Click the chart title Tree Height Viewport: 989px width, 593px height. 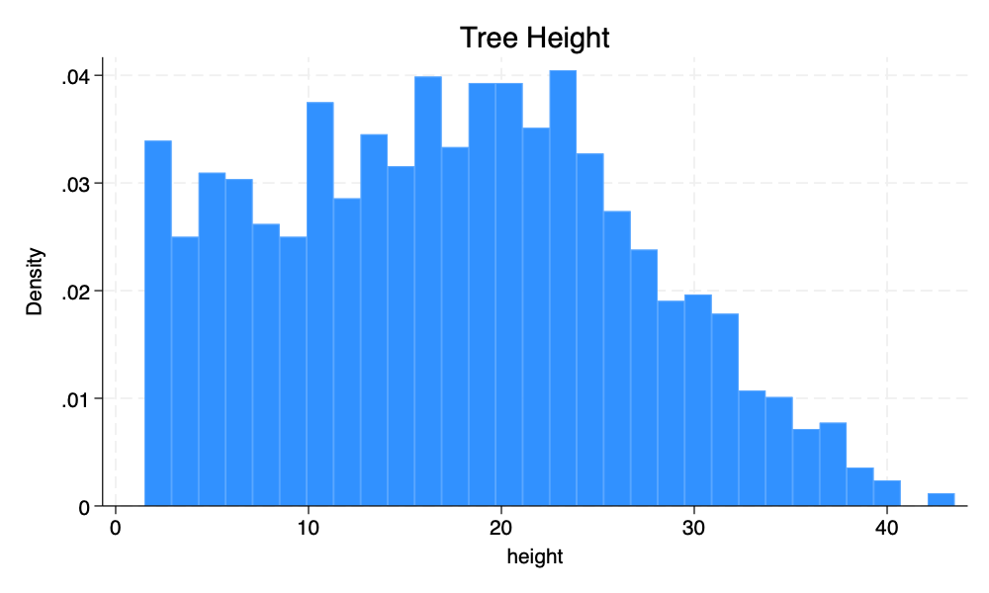click(535, 39)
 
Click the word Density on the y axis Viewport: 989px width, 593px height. click(36, 281)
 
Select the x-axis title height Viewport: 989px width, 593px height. click(534, 557)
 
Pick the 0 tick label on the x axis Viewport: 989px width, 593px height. click(116, 528)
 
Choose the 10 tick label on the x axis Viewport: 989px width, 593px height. click(309, 528)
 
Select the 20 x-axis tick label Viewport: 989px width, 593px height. click(501, 528)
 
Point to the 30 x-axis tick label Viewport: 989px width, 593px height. click(694, 528)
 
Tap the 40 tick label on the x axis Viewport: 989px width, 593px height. click(887, 528)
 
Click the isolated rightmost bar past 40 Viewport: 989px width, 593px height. click(941, 500)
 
